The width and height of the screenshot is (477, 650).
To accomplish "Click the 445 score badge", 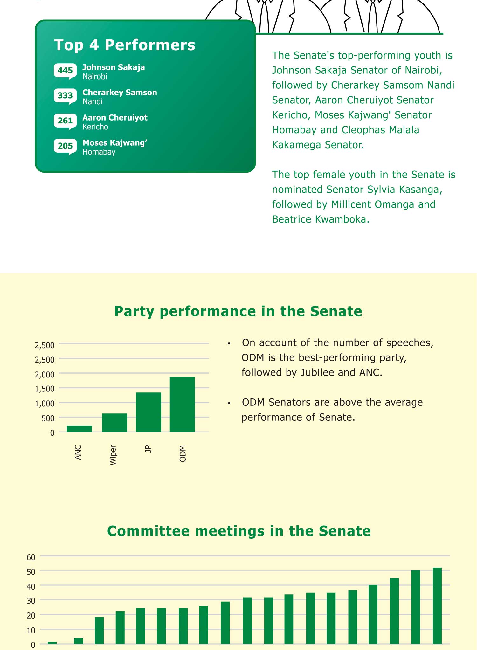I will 65,70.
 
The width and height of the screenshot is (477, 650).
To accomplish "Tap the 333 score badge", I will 65,95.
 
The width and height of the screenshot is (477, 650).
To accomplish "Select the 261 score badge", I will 65,121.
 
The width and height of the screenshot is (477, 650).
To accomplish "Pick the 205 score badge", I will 65,146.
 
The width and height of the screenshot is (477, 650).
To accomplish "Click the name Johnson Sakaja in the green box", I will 114,67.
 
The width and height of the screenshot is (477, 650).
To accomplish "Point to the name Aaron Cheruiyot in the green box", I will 115,118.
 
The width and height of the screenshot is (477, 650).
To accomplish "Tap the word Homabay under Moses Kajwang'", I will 99,152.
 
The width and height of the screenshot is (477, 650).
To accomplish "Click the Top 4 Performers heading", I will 125,45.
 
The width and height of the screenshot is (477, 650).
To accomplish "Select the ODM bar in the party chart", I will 182,404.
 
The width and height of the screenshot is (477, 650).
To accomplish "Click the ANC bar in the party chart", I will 79,429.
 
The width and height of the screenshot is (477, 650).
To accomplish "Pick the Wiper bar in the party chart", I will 114,423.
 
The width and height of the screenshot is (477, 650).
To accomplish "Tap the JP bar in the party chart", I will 149,412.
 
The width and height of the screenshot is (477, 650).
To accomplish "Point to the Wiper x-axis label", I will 113,455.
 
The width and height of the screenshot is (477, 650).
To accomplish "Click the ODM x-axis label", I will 183,453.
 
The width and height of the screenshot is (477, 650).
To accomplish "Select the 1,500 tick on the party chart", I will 45,389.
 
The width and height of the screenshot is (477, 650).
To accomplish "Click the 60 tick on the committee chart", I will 31,557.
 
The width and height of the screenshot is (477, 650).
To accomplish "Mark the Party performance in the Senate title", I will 238,311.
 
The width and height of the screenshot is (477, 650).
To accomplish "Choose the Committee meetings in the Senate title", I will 239,531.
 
